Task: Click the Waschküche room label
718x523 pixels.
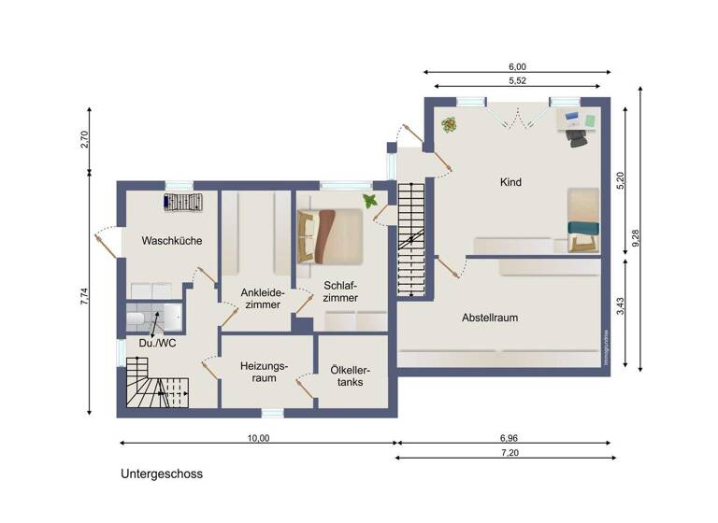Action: point(171,241)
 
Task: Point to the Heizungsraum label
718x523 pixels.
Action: point(264,374)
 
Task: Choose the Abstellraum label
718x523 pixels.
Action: point(490,318)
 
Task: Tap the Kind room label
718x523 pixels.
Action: point(510,182)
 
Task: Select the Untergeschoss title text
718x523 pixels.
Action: point(161,474)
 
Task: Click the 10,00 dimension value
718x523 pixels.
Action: point(259,437)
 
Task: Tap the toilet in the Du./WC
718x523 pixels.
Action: point(137,321)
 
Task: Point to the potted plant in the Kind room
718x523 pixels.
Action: point(450,123)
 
